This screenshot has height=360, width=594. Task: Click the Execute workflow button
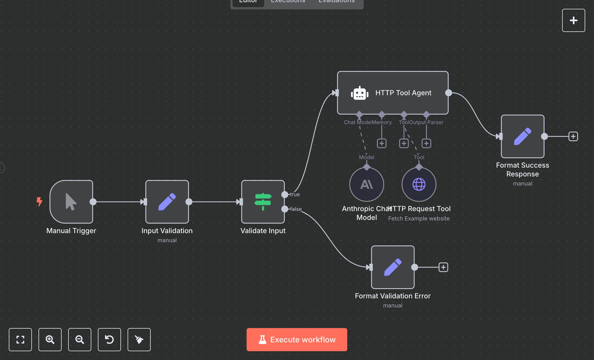click(297, 339)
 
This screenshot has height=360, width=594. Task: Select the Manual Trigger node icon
click(71, 202)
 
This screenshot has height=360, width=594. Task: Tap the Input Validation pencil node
click(167, 202)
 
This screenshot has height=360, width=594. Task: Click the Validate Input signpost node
click(263, 202)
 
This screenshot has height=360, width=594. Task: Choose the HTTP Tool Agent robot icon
click(359, 93)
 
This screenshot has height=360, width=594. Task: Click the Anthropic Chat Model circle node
click(367, 184)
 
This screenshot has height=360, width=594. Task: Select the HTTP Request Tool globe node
click(419, 184)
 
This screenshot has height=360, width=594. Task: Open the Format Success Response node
click(522, 136)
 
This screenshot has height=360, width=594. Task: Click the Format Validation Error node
click(393, 267)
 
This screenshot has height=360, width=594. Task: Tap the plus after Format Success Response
click(573, 136)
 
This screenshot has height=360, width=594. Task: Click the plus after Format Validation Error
click(443, 267)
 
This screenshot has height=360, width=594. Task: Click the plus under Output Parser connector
click(426, 143)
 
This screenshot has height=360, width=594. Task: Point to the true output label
click(295, 194)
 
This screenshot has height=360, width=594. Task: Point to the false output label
click(296, 209)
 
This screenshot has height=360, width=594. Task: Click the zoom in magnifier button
click(50, 339)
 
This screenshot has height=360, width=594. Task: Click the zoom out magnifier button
click(80, 339)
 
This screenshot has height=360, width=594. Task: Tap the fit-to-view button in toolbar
click(20, 339)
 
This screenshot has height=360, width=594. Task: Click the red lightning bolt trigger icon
click(39, 201)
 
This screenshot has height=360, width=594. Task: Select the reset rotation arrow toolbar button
click(109, 339)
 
